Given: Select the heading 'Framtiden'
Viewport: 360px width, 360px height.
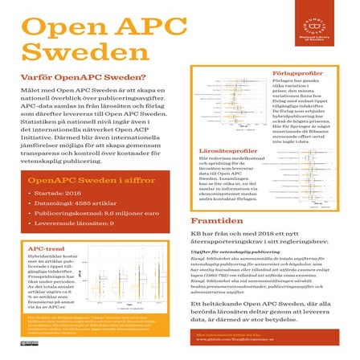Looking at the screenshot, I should click(213, 219).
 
